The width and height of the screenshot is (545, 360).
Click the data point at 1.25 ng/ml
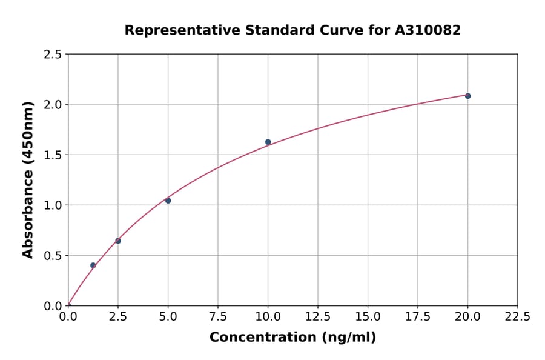93,265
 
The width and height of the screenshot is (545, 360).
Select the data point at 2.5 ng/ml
118,241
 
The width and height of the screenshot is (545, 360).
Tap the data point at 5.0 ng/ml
168,201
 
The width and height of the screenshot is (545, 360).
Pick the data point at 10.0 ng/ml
268,142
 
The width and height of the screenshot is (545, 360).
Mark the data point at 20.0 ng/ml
467,96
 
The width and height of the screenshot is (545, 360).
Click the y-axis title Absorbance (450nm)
28,180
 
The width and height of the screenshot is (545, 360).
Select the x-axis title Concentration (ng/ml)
292,338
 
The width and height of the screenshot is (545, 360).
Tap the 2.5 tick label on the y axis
53,55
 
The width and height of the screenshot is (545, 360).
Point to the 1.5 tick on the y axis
53,155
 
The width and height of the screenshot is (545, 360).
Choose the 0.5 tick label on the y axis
53,256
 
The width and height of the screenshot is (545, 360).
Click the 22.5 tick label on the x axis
518,317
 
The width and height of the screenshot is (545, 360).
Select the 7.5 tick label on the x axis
218,317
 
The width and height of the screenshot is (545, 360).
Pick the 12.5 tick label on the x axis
318,317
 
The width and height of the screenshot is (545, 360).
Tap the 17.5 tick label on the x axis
418,317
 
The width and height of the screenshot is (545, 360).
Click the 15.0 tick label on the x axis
368,317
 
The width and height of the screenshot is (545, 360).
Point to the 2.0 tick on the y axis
53,105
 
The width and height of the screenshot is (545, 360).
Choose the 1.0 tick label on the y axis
53,205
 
